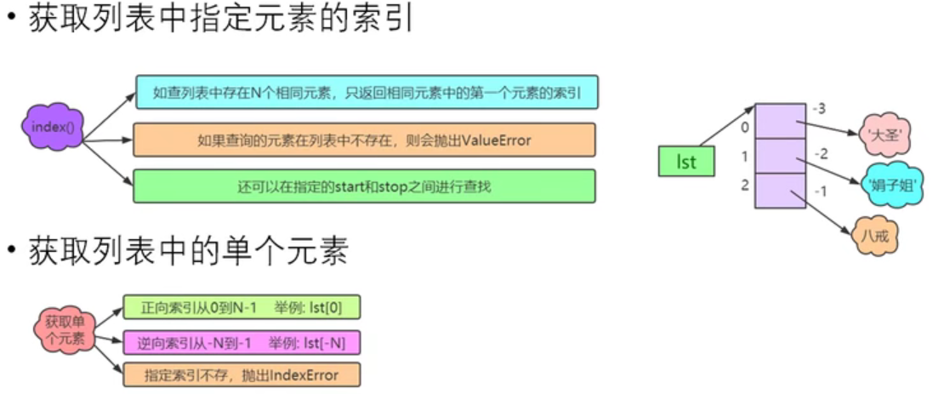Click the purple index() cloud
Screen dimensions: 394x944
pyautogui.click(x=53, y=127)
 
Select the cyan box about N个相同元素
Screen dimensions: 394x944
pyautogui.click(x=367, y=92)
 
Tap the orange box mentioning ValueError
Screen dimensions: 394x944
pyautogui.click(x=364, y=140)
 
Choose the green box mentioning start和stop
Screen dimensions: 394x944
pyautogui.click(x=364, y=186)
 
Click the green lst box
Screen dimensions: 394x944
pyautogui.click(x=686, y=161)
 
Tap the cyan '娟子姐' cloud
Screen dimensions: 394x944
pyautogui.click(x=892, y=184)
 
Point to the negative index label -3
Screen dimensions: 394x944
pyautogui.click(x=819, y=110)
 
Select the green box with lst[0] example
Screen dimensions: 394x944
pyautogui.click(x=242, y=307)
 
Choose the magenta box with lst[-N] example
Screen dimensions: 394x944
pyautogui.click(x=242, y=343)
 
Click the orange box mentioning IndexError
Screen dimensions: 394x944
pyautogui.click(x=242, y=375)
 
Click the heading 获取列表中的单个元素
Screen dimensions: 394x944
pyautogui.click(x=189, y=251)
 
